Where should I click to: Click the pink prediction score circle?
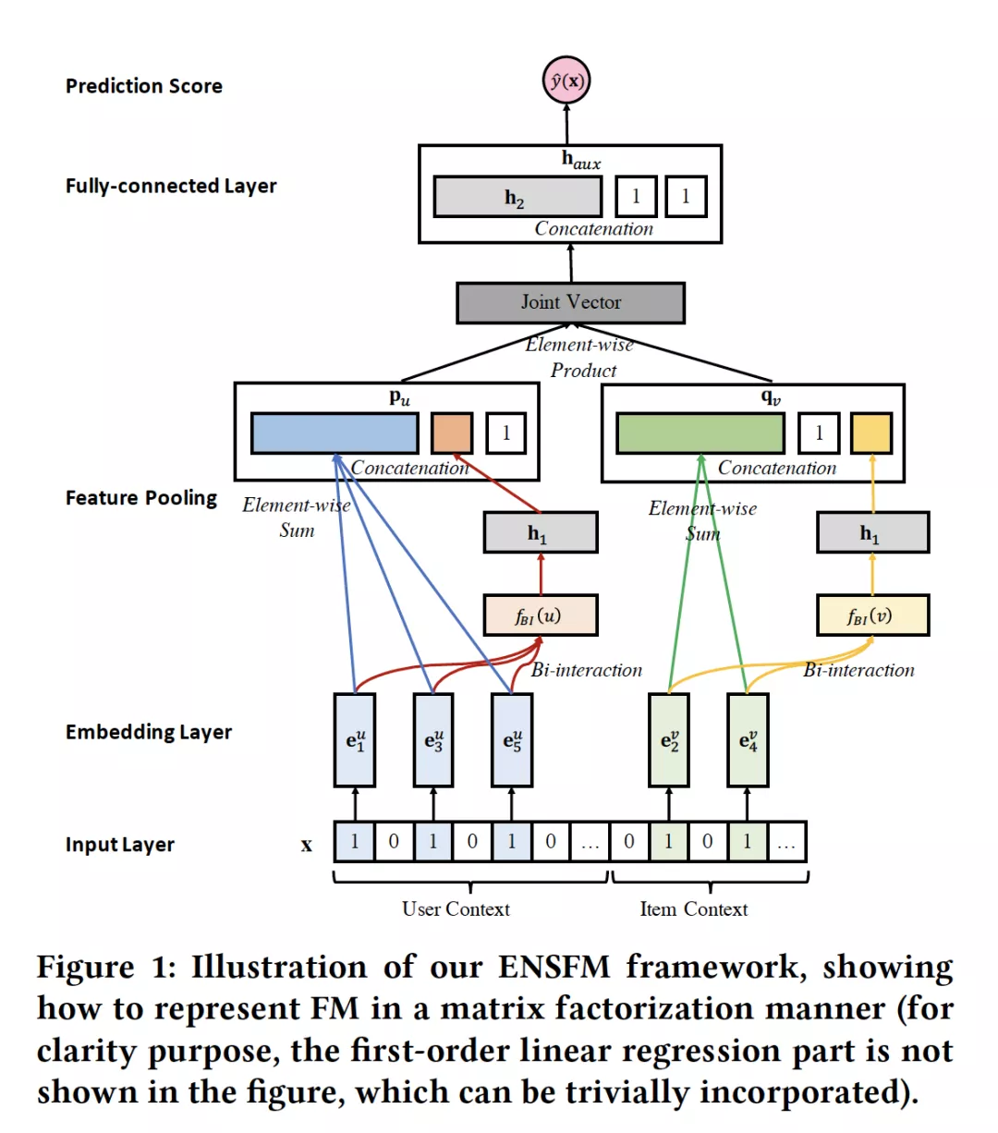tap(566, 80)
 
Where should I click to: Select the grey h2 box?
tap(517, 197)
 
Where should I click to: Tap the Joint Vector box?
tap(570, 302)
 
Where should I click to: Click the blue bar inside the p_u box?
tap(335, 432)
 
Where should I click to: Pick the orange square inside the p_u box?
tap(452, 432)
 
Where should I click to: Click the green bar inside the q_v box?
tap(700, 432)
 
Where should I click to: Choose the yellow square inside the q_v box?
tap(871, 432)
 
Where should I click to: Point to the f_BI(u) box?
tap(540, 615)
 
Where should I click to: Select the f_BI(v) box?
tap(872, 615)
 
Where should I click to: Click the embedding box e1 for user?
tap(355, 740)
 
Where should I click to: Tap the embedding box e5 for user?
tap(512, 740)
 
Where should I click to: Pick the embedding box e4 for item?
tap(748, 740)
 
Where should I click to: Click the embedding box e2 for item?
tap(669, 740)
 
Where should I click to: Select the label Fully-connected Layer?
tap(171, 187)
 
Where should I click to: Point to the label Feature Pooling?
tap(140, 498)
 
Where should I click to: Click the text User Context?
tap(456, 908)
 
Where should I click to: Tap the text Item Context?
tap(693, 908)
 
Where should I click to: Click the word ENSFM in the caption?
tap(554, 968)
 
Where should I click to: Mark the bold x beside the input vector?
tap(307, 845)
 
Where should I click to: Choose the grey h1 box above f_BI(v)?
tap(872, 532)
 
